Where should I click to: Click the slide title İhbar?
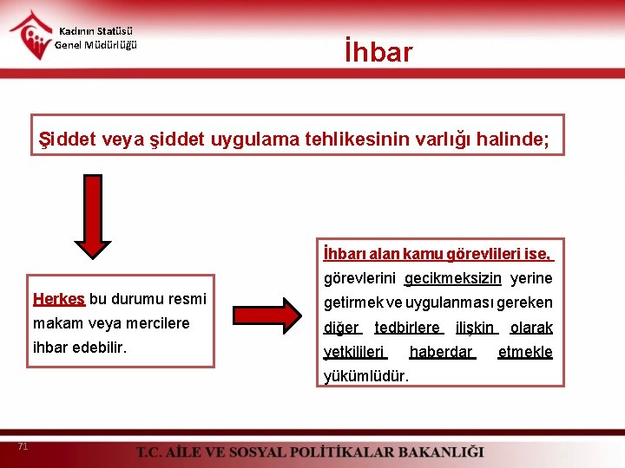point(378,52)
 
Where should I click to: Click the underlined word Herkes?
point(58,299)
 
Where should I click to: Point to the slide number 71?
point(23,446)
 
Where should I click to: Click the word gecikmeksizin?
point(452,278)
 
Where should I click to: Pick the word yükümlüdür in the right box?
point(366,375)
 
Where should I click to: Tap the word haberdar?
point(442,352)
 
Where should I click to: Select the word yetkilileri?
point(355,352)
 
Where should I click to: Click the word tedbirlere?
point(408,328)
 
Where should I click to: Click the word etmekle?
point(524,352)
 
